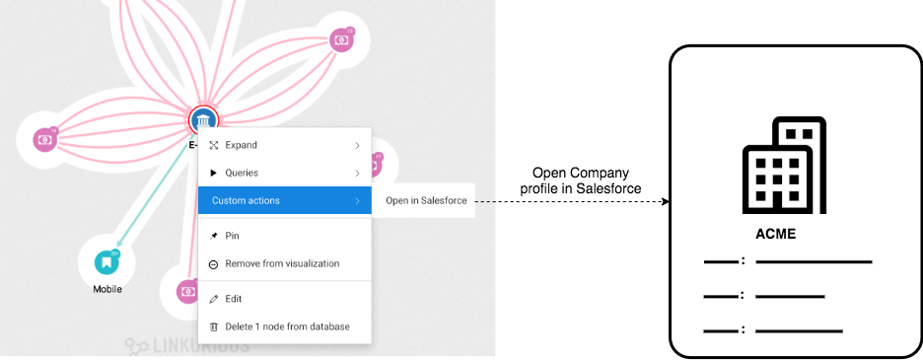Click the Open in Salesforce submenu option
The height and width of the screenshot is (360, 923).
423,200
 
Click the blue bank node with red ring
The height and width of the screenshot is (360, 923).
202,120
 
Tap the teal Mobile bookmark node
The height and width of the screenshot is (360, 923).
106,262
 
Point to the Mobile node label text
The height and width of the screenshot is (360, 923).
106,289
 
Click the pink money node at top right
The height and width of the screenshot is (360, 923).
340,39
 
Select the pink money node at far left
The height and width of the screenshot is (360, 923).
44,139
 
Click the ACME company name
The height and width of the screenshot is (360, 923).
774,235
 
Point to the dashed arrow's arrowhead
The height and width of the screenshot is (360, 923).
665,201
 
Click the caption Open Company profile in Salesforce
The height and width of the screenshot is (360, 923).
580,180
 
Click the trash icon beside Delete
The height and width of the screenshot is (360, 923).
213,326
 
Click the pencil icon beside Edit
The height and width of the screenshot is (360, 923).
213,299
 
